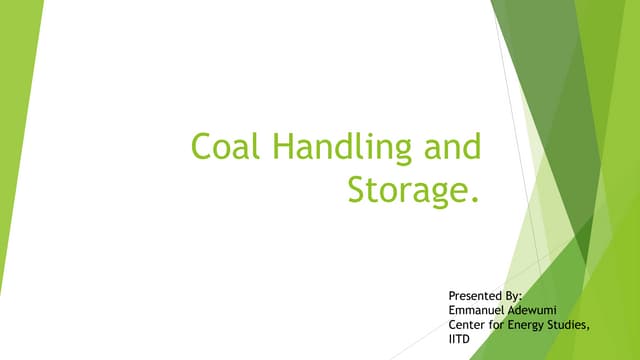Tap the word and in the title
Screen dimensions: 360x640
pyautogui.click(x=451, y=148)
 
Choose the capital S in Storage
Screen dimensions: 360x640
pyautogui.click(x=357, y=187)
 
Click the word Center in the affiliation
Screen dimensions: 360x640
pyautogui.click(x=469, y=324)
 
